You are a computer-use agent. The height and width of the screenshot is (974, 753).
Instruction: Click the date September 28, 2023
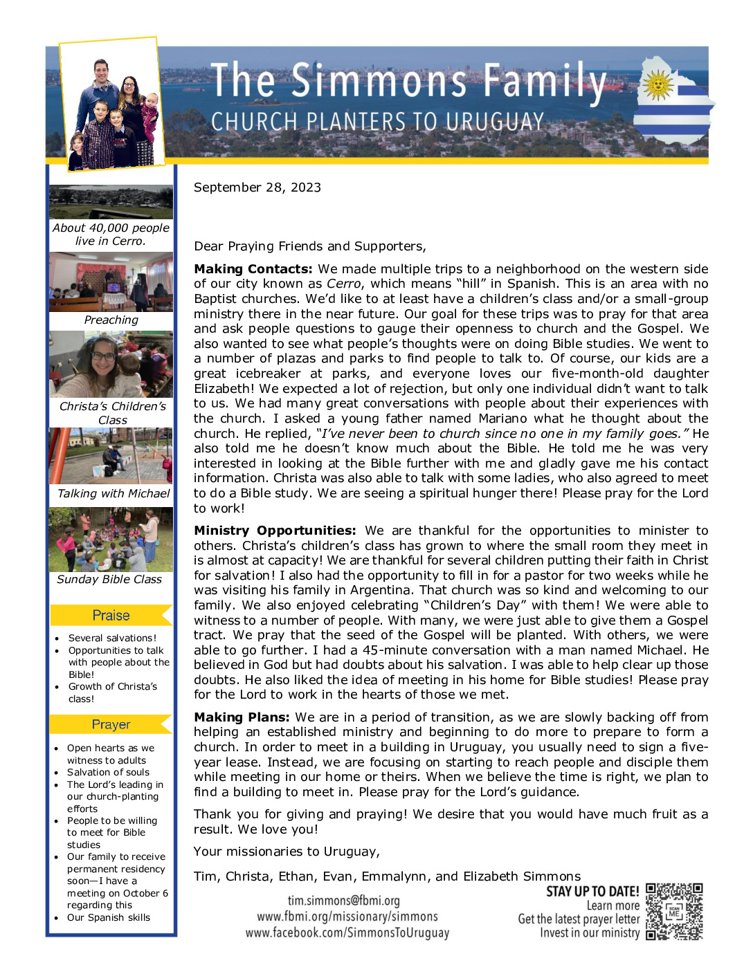257,187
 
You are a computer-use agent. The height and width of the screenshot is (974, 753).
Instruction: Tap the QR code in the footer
674,912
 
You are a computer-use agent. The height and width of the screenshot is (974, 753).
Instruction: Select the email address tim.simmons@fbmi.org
343,901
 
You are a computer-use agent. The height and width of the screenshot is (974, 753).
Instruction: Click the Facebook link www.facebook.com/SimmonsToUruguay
347,932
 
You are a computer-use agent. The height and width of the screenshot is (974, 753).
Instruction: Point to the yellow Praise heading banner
111,615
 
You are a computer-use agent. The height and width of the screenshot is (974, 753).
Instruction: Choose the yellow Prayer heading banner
111,724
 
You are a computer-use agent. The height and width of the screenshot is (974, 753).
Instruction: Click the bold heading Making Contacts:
253,269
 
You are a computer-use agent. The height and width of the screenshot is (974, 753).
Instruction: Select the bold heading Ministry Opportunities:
275,531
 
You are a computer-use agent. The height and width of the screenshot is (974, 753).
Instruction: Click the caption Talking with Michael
114,493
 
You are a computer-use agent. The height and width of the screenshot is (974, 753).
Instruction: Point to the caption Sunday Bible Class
109,579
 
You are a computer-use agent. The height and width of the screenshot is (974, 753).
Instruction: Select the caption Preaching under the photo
111,320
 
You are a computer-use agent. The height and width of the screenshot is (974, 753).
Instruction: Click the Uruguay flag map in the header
673,104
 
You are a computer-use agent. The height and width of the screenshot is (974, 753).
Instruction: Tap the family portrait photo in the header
113,105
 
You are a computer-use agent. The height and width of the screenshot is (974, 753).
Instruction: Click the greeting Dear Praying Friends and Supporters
310,246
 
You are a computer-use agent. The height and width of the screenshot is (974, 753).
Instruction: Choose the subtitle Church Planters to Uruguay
377,122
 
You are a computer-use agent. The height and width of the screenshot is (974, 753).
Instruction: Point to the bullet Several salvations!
112,638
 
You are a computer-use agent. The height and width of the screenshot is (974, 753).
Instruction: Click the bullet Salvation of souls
108,772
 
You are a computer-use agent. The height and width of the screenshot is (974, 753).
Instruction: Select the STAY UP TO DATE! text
592,891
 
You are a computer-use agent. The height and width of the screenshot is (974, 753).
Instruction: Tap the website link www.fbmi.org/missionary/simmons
347,917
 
